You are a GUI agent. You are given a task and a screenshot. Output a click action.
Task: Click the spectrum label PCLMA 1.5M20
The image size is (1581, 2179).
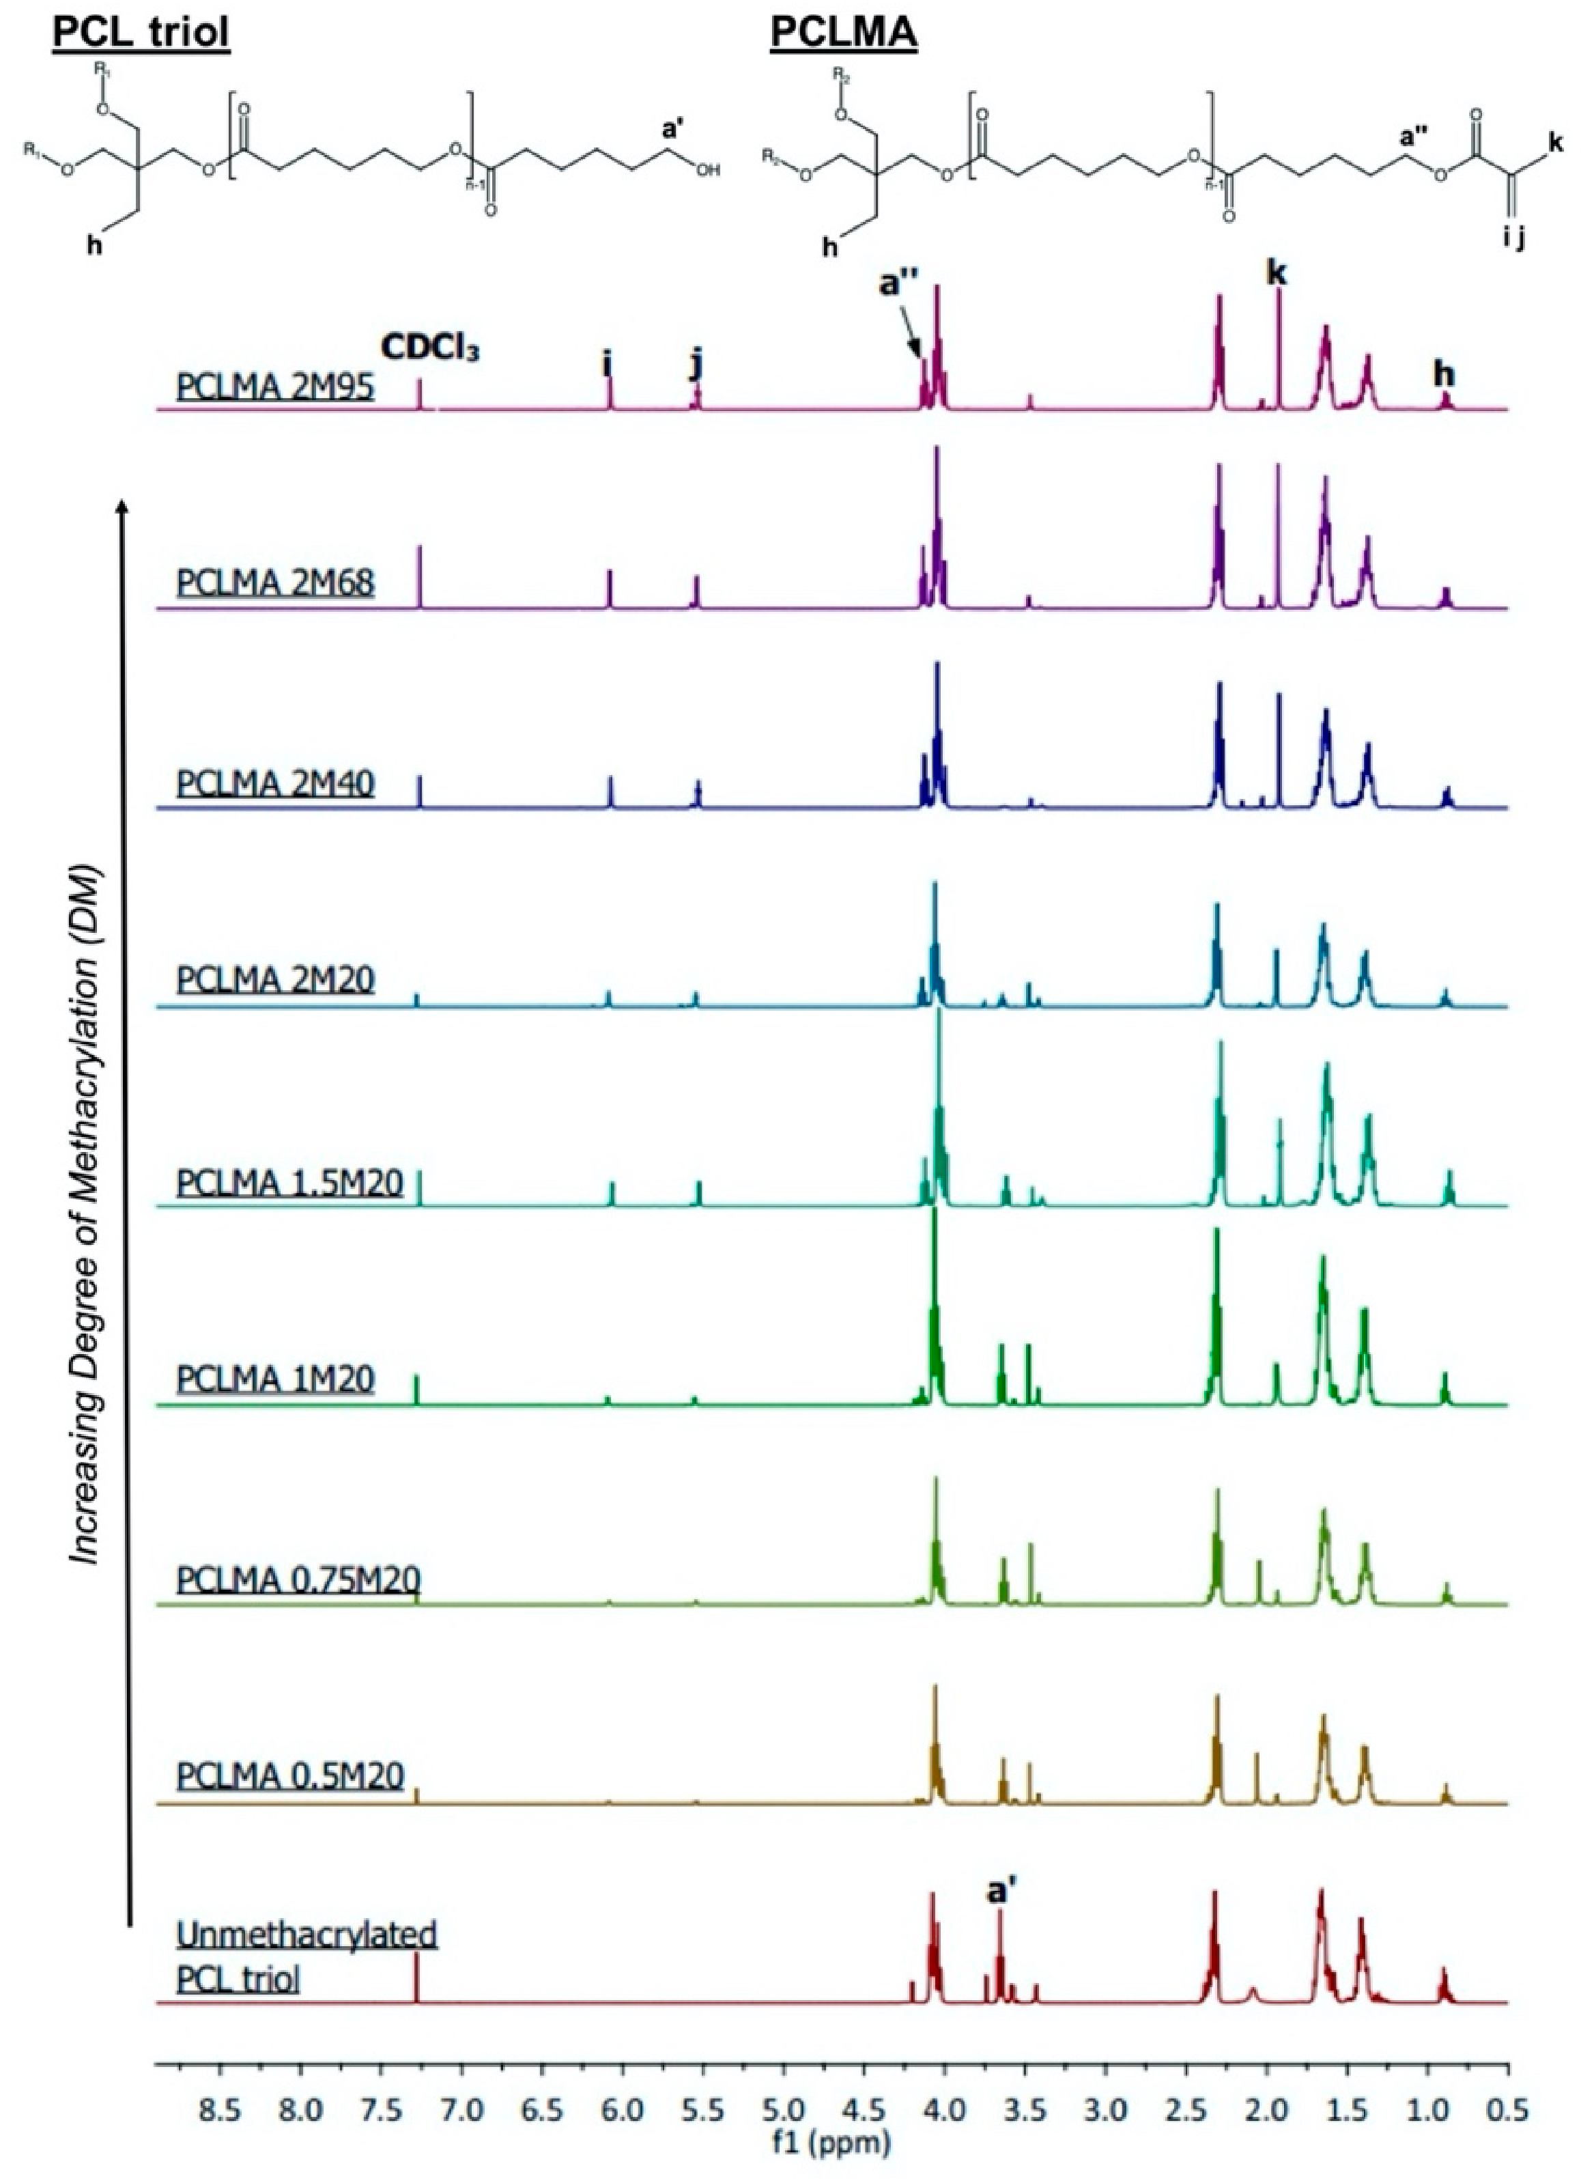click(289, 1183)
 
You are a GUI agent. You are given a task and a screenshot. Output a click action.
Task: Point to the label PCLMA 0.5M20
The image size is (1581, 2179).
click(289, 1775)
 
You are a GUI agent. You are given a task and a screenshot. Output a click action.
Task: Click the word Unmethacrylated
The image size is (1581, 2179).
click(307, 1934)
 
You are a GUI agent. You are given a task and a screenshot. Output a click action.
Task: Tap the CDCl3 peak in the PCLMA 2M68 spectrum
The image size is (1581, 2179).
click(418, 576)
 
